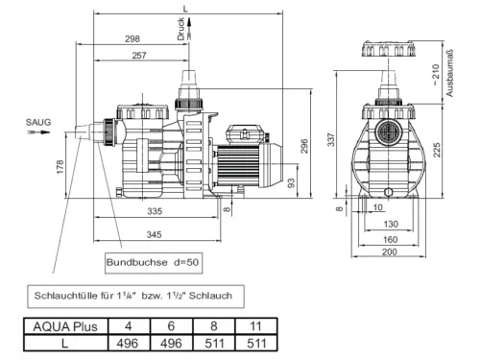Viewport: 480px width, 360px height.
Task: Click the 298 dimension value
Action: [x=132, y=38]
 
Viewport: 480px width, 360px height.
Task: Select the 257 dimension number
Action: [x=139, y=56]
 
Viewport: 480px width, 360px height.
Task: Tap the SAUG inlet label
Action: [x=38, y=122]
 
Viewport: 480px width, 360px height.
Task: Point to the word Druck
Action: [x=180, y=29]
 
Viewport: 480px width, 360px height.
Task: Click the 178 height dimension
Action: [x=60, y=167]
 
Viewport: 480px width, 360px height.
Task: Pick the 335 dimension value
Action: [x=155, y=211]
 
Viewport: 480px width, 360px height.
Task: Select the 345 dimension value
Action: [x=154, y=234]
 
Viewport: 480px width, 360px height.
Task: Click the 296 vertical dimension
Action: [x=304, y=146]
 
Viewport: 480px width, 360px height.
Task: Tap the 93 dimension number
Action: [x=291, y=183]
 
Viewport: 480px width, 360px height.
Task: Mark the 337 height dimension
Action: [x=331, y=139]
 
